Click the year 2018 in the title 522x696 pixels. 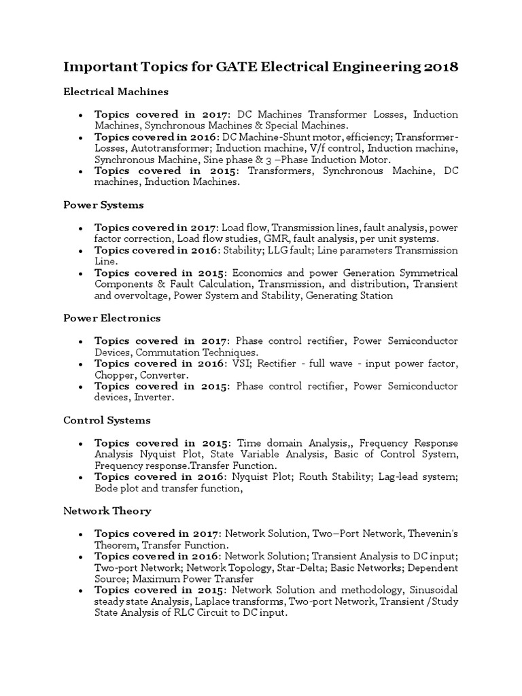click(x=441, y=67)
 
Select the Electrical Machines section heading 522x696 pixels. click(x=116, y=91)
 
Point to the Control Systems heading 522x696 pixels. click(x=107, y=421)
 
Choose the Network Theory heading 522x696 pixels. click(x=107, y=510)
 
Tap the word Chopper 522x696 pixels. click(x=114, y=375)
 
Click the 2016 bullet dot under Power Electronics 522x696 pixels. click(x=81, y=364)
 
